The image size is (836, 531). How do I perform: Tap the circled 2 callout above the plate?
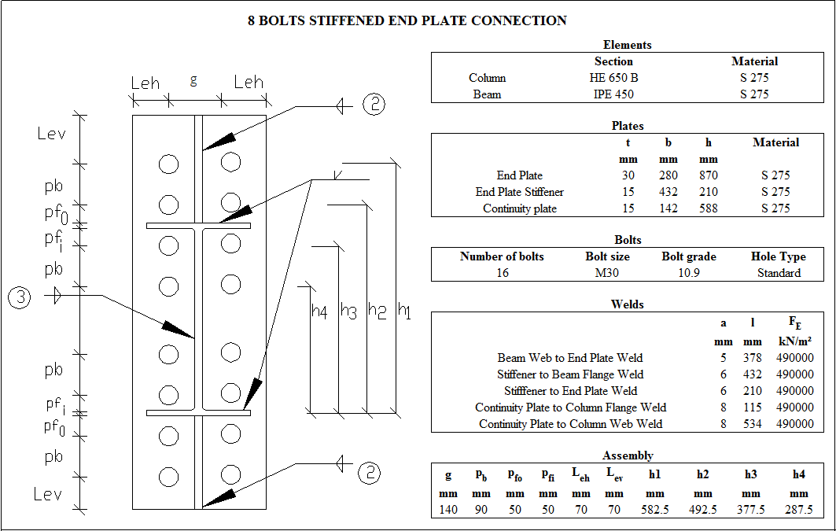coord(373,105)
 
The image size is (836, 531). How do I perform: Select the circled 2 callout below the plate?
coord(370,472)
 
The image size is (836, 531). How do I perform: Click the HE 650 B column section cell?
coord(613,78)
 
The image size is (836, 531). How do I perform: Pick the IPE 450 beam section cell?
coord(613,94)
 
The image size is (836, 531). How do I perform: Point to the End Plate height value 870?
coord(708,175)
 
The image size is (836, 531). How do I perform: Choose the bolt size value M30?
coord(608,273)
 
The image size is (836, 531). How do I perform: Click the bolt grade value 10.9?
coord(688,273)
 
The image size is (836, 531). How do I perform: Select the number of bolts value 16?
coord(502,273)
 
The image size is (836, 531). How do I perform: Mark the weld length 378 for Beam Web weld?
coord(753,358)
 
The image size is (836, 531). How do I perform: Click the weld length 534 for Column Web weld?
coord(753,424)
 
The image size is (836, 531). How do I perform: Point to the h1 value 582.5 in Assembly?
coord(654,510)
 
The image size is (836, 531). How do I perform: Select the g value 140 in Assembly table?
coord(448,510)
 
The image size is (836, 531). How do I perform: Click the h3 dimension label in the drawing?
coord(348,312)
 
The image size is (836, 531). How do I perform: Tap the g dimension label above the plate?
coord(193,80)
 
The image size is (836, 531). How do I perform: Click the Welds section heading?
coord(627,304)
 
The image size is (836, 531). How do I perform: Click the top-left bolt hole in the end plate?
coord(168,164)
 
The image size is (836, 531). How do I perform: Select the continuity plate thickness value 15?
coord(628,208)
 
